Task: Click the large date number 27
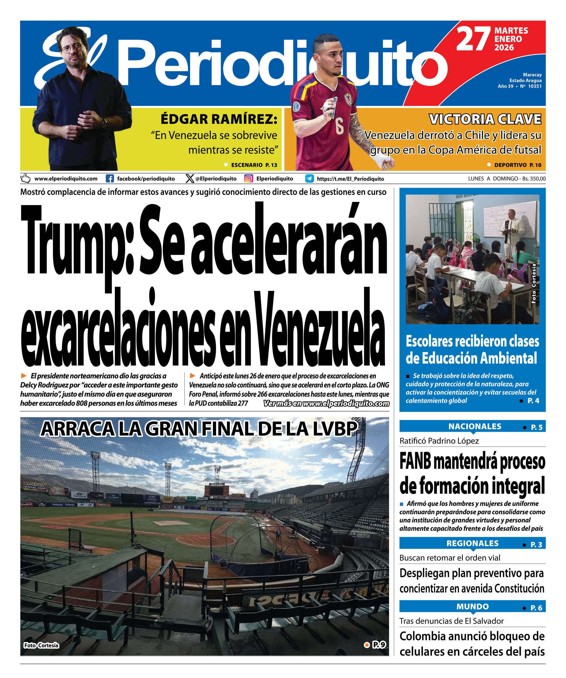pyautogui.click(x=473, y=39)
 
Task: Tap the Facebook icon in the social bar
pyautogui.click(x=110, y=179)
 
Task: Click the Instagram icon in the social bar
pyautogui.click(x=248, y=179)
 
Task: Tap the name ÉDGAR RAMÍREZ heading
pyautogui.click(x=219, y=119)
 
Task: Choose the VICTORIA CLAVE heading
pyautogui.click(x=485, y=119)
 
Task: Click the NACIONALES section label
pyautogui.click(x=475, y=426)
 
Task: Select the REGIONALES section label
pyautogui.click(x=472, y=543)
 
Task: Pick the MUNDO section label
pyautogui.click(x=472, y=607)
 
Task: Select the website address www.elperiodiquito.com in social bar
pyautogui.click(x=66, y=179)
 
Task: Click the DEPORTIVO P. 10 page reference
pyautogui.click(x=518, y=165)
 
